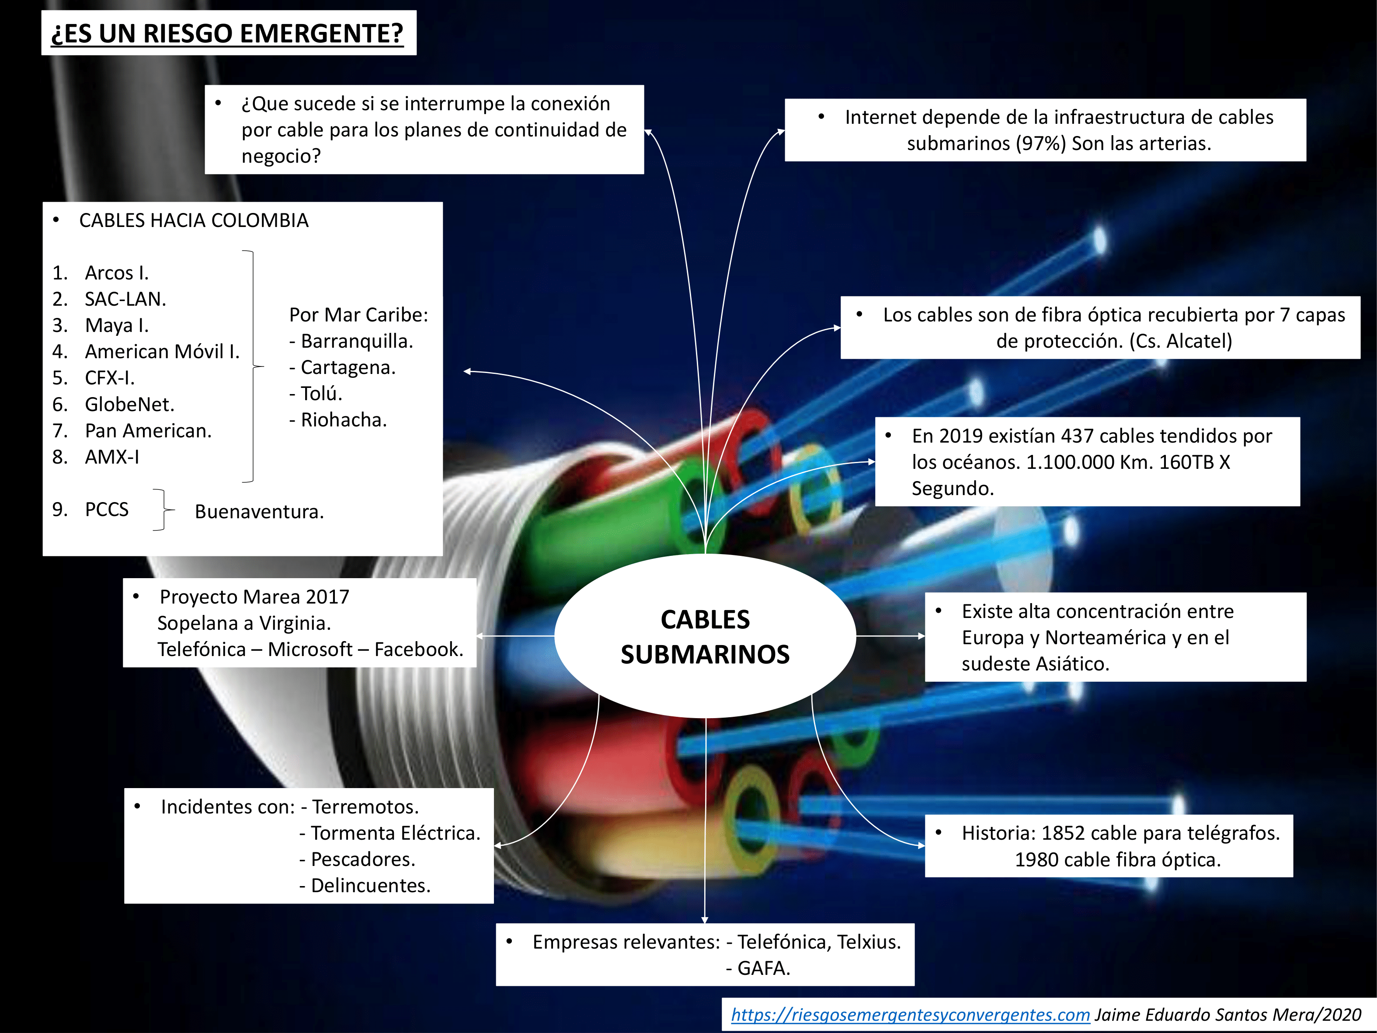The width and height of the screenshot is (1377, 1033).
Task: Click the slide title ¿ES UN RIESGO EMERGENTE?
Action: (x=227, y=34)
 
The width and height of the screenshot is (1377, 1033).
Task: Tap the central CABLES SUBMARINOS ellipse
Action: (x=705, y=636)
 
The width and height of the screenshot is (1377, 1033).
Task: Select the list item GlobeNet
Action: (x=129, y=405)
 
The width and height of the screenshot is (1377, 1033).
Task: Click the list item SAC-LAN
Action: (x=125, y=300)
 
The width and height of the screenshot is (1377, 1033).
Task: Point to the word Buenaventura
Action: (x=259, y=512)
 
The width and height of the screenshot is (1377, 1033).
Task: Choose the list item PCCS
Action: (x=107, y=510)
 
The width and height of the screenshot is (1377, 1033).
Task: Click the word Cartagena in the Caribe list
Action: (x=348, y=367)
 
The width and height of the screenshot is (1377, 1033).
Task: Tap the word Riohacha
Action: (x=344, y=420)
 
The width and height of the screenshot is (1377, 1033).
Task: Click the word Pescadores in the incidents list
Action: (x=362, y=859)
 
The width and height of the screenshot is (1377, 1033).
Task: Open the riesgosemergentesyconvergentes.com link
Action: (x=910, y=1015)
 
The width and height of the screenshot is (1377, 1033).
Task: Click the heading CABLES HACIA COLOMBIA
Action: (x=194, y=220)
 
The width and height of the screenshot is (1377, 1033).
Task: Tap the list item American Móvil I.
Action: (x=162, y=352)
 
